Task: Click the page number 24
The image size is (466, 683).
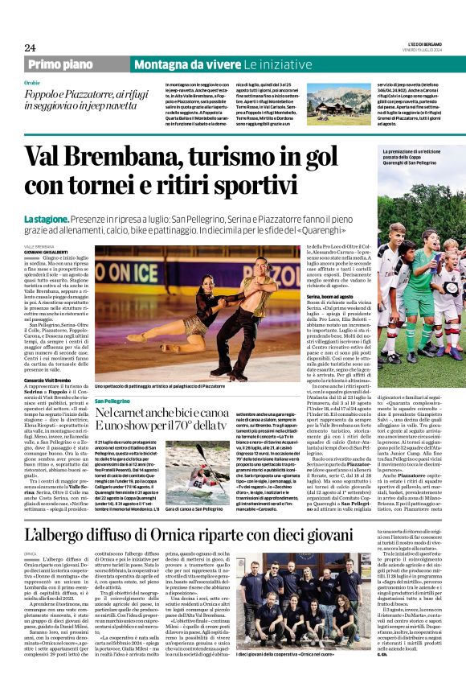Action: [x=30, y=47]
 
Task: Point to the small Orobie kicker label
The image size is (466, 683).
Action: [x=32, y=83]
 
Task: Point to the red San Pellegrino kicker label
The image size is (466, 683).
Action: [x=113, y=401]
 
